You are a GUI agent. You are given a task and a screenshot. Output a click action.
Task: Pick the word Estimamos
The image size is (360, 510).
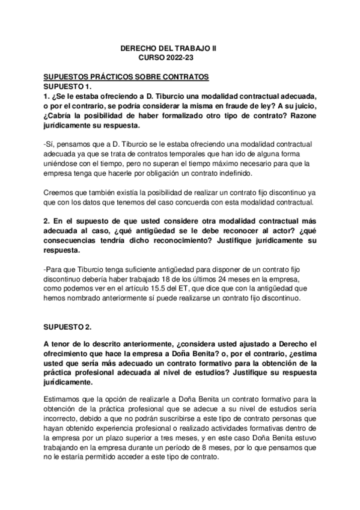[x=63, y=400]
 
